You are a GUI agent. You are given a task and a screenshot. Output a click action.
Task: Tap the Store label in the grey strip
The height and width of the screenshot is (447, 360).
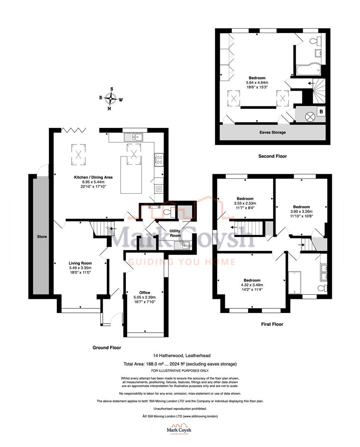pyautogui.click(x=41, y=237)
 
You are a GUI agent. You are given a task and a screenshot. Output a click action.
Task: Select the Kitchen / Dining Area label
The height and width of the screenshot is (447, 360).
pyautogui.click(x=93, y=177)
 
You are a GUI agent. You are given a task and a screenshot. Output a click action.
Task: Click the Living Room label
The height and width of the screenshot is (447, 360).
pyautogui.click(x=80, y=263)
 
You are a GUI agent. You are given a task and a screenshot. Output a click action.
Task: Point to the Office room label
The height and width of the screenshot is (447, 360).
pyautogui.click(x=145, y=293)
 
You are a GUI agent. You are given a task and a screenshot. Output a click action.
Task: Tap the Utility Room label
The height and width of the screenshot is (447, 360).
pyautogui.click(x=175, y=233)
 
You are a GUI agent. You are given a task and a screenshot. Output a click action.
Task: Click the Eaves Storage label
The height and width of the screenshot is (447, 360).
pyautogui.click(x=272, y=132)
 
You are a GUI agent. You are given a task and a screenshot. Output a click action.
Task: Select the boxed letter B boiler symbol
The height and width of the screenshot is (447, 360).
pyautogui.click(x=321, y=111)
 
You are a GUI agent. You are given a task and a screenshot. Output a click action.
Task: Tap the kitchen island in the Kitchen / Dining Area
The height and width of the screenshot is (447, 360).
pyautogui.click(x=131, y=174)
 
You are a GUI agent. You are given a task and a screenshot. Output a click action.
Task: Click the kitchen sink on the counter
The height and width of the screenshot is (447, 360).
pyautogui.click(x=133, y=137)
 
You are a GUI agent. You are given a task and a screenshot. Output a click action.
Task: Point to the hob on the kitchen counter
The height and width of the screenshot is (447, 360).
pyautogui.click(x=159, y=160)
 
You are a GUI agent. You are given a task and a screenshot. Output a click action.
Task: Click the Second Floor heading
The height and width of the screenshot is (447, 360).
pyautogui.click(x=272, y=156)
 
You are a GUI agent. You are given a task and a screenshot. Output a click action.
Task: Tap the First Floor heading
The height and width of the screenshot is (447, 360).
pyautogui.click(x=272, y=324)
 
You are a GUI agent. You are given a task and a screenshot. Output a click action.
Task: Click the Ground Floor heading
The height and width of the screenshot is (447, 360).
pyautogui.click(x=106, y=348)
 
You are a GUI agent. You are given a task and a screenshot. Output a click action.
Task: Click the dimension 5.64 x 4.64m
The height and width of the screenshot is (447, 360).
pyautogui.click(x=257, y=82)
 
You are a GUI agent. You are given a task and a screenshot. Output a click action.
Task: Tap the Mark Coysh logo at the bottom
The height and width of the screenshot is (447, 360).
pyautogui.click(x=179, y=430)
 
